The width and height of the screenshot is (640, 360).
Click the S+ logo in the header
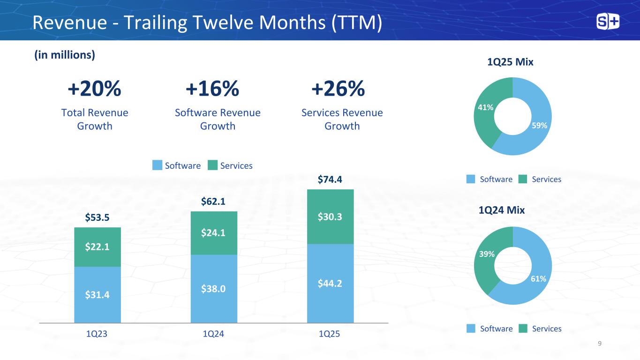607,22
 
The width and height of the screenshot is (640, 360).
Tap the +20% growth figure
95,89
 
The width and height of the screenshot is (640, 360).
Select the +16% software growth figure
212,89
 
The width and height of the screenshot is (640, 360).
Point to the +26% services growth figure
338,89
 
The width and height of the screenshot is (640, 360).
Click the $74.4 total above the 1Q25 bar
330,180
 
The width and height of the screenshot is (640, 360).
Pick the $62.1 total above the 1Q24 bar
213,202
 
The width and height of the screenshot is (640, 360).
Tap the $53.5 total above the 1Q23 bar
97,217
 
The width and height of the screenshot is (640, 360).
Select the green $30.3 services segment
330,217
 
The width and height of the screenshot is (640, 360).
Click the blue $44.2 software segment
330,284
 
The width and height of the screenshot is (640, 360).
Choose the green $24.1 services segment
213,233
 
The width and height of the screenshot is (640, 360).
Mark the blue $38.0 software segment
213,289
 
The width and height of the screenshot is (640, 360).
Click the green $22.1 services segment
97,247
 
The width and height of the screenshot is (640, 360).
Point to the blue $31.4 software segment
97,295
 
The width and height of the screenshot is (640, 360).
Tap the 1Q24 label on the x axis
213,334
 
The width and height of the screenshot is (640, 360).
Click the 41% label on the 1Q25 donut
485,108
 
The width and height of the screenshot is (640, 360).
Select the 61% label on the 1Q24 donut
538,279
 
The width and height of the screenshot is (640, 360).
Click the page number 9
600,344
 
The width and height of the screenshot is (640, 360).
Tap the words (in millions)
64,55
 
